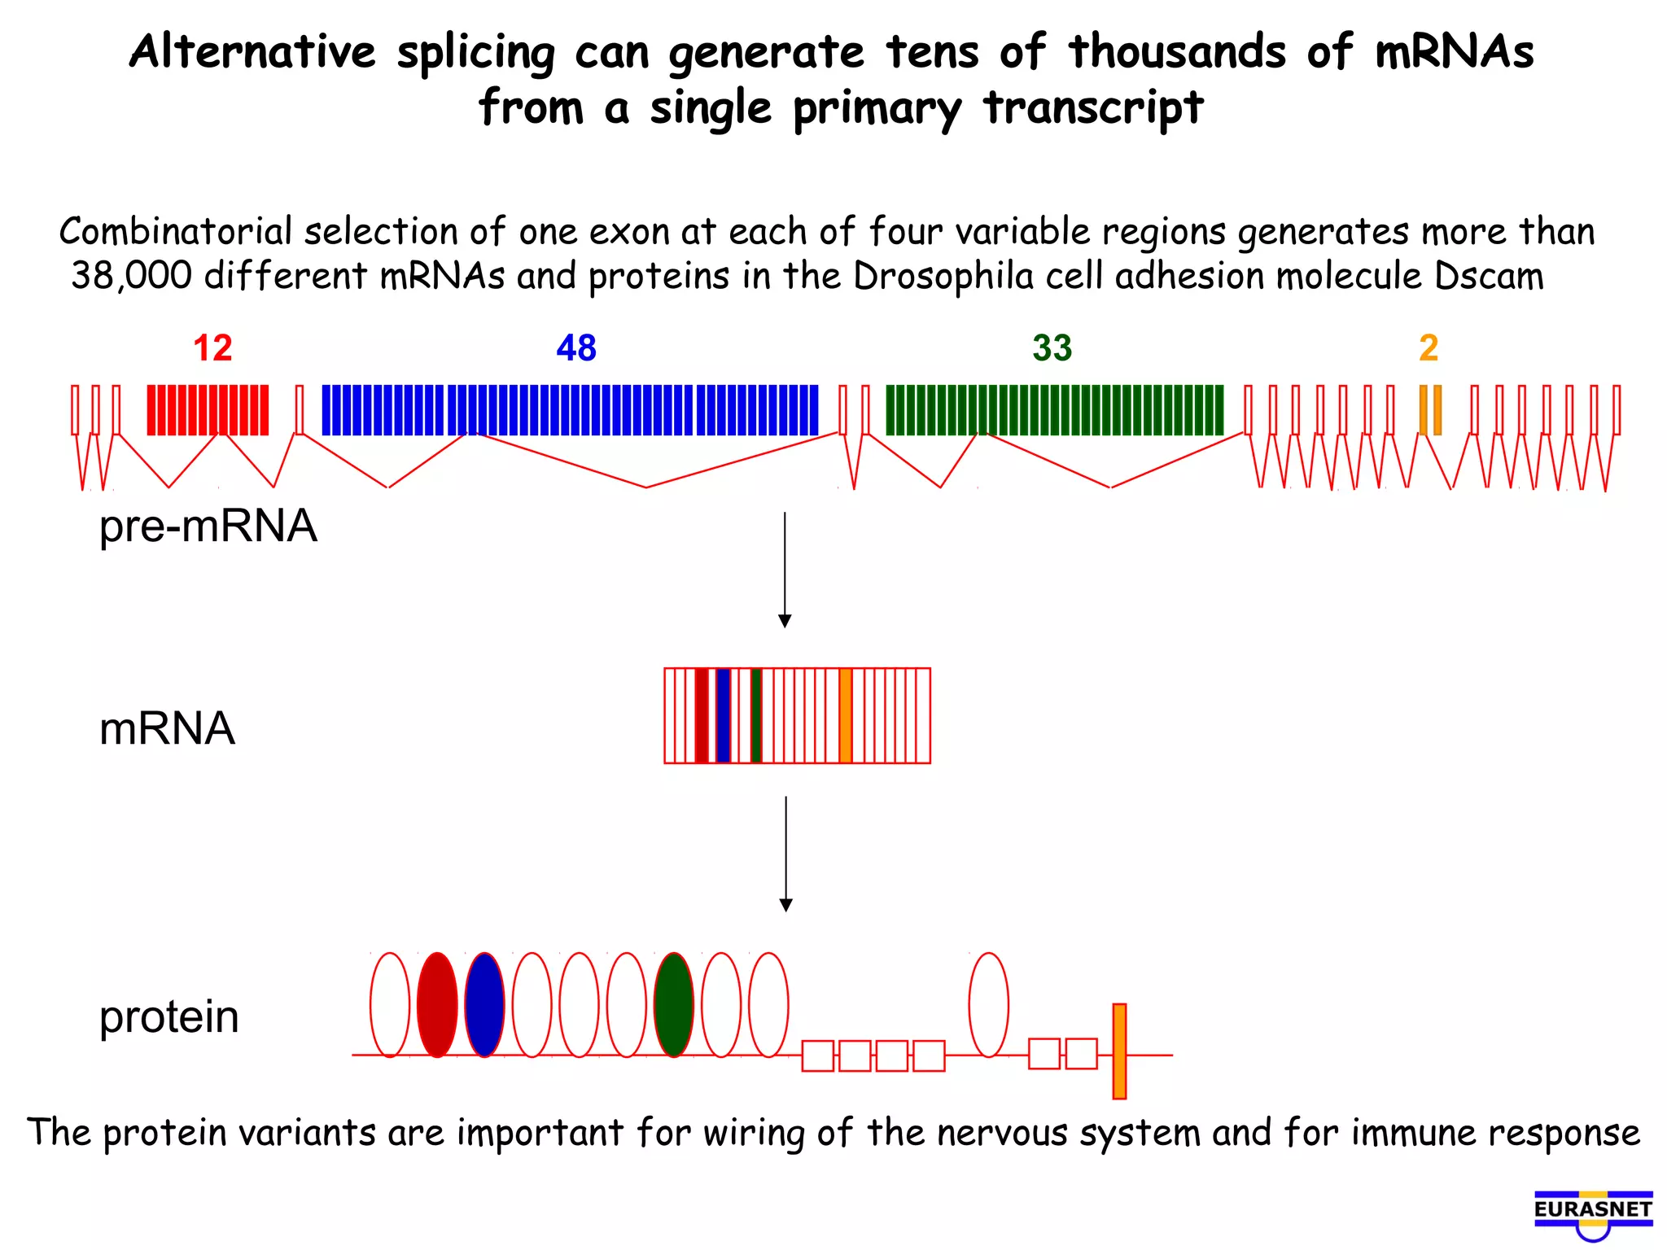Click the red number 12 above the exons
tap(212, 348)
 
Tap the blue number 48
tap(576, 348)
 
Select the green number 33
tap(1052, 348)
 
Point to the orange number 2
tap(1429, 348)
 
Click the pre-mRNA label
tap(208, 527)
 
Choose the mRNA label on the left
tap(167, 728)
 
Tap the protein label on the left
tap(169, 1017)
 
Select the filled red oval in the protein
tap(437, 1005)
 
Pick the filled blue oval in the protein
tap(484, 1005)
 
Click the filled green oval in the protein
tap(674, 1005)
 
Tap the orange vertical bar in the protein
tap(1119, 1051)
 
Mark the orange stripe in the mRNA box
tap(846, 715)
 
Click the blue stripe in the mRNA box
tap(723, 715)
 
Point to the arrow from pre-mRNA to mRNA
tap(785, 570)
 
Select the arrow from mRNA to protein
tap(785, 854)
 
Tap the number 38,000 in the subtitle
tap(131, 277)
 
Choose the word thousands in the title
tap(1178, 52)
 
